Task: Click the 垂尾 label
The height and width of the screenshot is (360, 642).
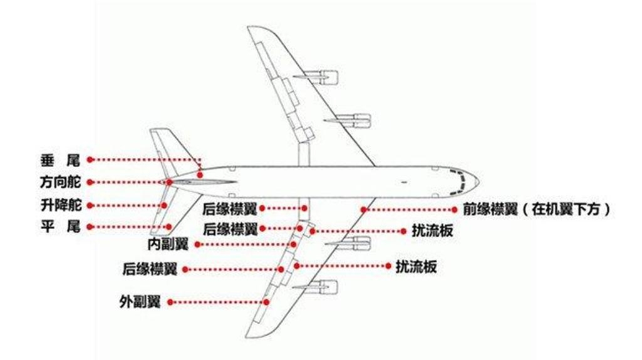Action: point(61,160)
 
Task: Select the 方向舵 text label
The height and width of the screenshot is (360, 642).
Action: point(61,182)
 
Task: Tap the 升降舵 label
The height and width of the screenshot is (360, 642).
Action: point(61,205)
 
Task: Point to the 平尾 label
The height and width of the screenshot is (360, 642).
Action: point(61,227)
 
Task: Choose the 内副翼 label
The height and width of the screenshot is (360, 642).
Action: point(168,244)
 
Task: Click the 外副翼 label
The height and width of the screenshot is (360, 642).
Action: point(140,302)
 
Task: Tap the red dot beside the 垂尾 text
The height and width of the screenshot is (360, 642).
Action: point(90,160)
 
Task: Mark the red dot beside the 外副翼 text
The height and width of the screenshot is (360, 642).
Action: point(170,302)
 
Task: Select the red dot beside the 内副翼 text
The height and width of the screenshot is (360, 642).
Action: point(197,245)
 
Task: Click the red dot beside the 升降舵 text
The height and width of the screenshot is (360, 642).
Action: point(90,205)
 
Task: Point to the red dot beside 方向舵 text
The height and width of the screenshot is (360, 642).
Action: point(90,182)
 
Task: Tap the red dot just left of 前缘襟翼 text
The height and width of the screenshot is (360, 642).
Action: point(454,210)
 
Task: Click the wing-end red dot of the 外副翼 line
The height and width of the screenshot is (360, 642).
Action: point(267,302)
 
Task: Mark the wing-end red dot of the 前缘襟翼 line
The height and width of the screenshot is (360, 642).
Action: point(363,210)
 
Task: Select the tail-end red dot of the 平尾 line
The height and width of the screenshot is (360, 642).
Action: point(168,227)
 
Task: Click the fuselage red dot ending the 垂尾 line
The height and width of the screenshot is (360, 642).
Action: point(200,175)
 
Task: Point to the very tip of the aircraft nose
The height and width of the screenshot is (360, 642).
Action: point(479,181)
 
